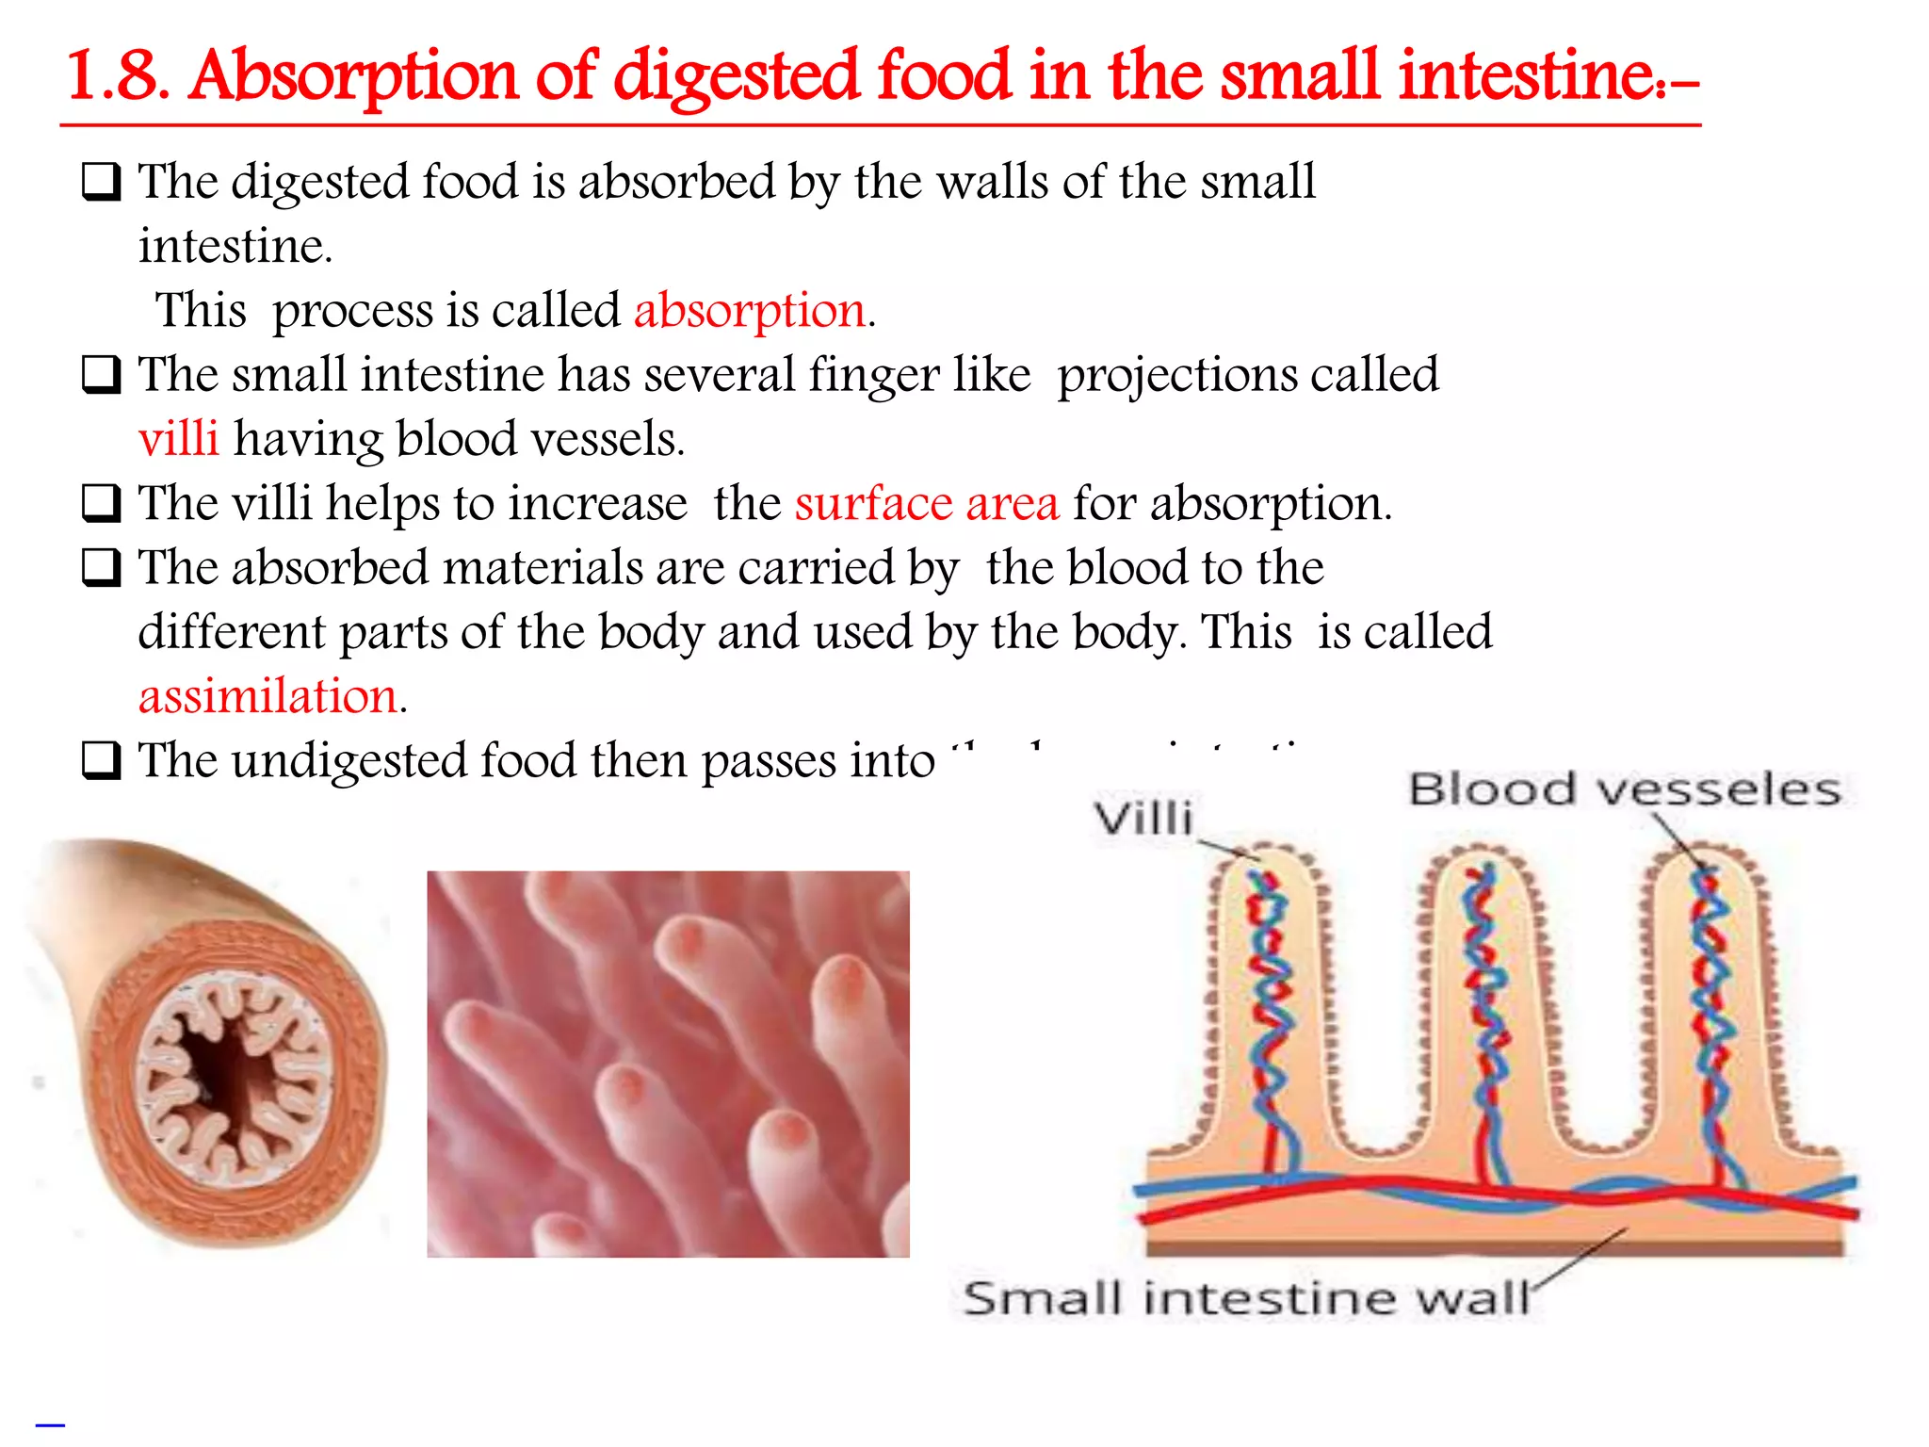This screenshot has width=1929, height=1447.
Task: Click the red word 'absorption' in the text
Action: click(x=749, y=311)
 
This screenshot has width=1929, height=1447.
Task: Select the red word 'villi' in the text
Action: click(x=178, y=439)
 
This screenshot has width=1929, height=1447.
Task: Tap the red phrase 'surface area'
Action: click(x=927, y=503)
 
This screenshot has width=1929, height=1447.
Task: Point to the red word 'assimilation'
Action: click(x=267, y=697)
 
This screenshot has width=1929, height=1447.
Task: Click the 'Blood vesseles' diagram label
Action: click(x=1624, y=789)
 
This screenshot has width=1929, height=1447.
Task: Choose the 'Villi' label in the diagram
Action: click(x=1143, y=818)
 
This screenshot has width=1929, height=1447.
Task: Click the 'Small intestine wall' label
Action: click(x=1245, y=1298)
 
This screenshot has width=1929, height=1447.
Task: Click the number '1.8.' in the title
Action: click(x=118, y=77)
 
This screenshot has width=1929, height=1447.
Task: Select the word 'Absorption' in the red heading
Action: click(x=353, y=77)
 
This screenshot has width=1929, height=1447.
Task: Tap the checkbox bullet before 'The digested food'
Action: click(x=101, y=182)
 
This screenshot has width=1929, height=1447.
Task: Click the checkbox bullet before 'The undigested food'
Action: click(x=101, y=760)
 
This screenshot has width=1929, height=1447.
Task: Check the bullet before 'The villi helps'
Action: click(x=101, y=503)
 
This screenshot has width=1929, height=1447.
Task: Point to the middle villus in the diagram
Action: click(x=1484, y=1008)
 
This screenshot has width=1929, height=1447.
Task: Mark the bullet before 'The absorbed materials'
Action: click(x=101, y=568)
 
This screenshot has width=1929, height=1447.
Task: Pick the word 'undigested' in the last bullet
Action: click(x=349, y=760)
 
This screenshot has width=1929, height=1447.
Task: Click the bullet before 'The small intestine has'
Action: click(x=101, y=375)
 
